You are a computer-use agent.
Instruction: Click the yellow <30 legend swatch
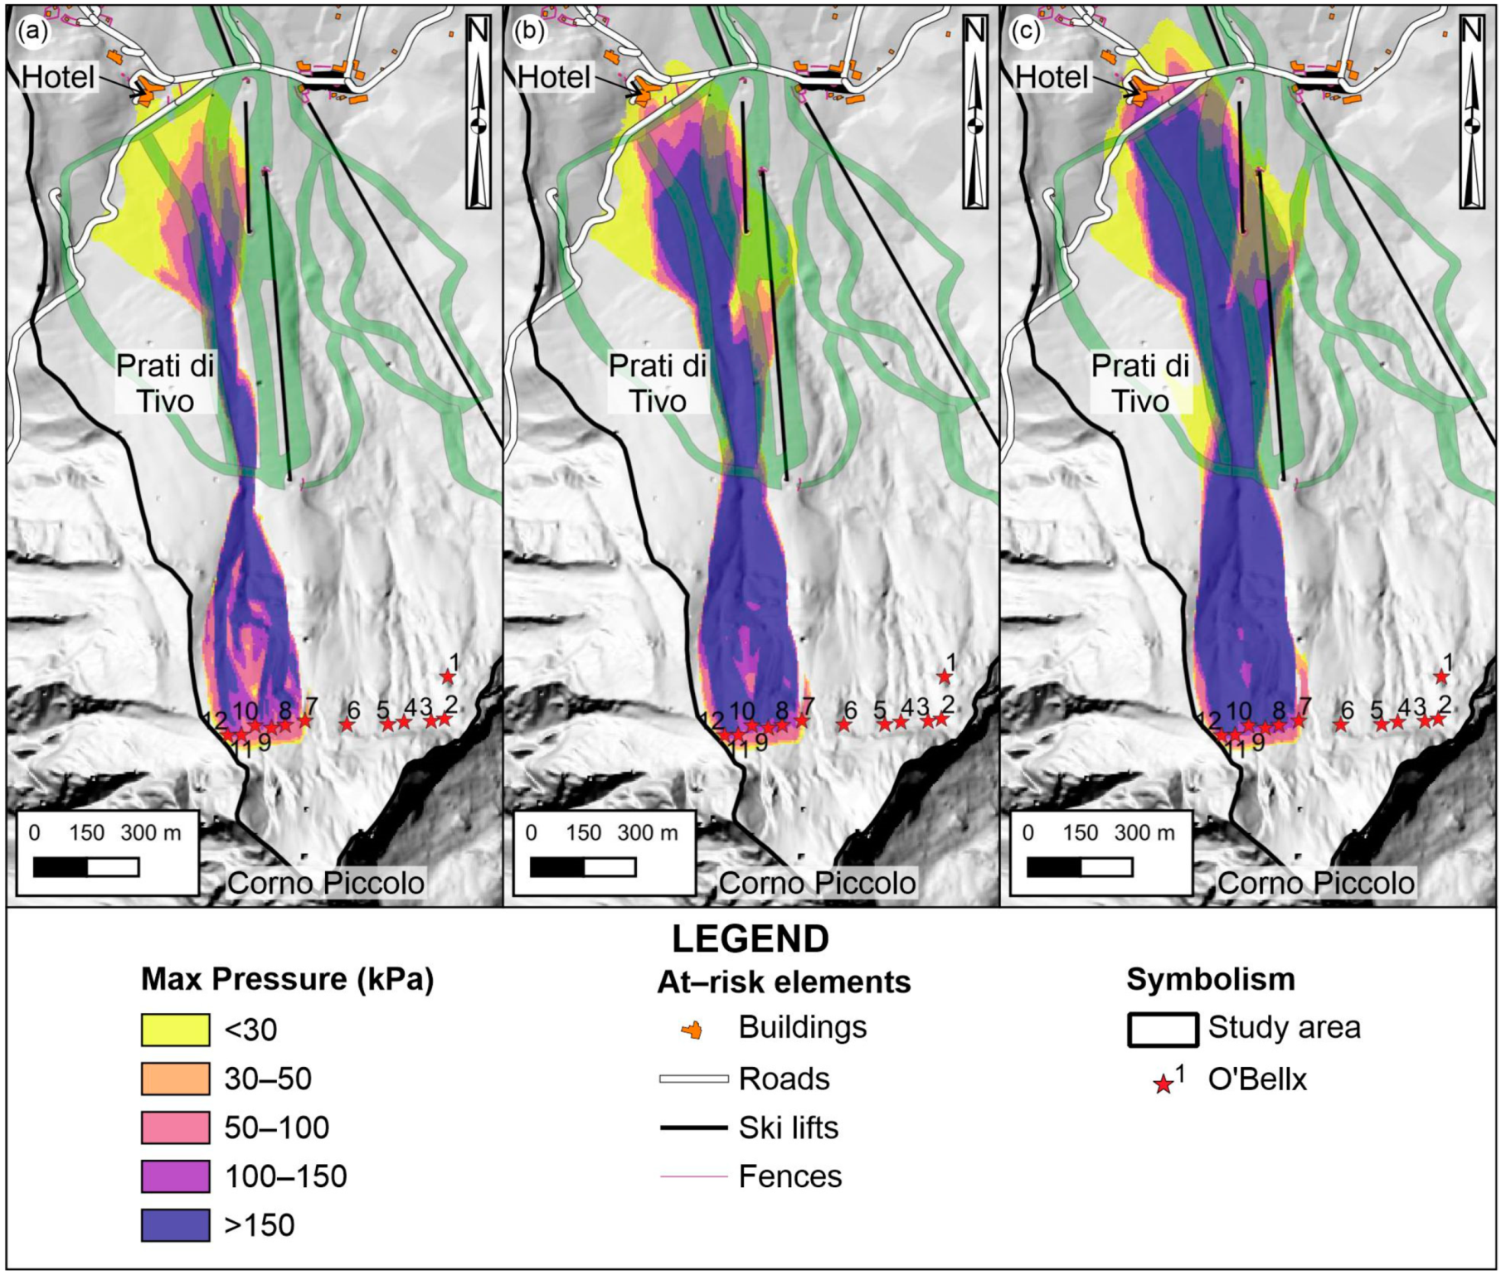175,1030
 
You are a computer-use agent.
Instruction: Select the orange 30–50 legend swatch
175,1079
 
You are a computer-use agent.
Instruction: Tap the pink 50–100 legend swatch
175,1127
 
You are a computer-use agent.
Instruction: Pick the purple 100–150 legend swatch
175,1176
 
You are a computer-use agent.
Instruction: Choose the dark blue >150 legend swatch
175,1225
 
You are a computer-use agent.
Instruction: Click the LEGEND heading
750,939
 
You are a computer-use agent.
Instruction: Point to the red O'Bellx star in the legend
1164,1084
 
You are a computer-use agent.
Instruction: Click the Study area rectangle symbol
1163,1030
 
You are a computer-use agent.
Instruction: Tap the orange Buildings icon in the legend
692,1030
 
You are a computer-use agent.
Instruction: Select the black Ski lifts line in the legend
693,1127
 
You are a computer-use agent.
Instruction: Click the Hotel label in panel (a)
58,77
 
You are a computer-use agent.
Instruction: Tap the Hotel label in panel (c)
1052,77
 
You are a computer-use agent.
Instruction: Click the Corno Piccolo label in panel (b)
817,883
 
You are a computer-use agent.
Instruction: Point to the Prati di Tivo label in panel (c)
1140,383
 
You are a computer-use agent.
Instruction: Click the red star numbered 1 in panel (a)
448,677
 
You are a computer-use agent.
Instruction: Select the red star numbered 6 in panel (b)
843,725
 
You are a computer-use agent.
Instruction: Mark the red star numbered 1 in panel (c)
1441,677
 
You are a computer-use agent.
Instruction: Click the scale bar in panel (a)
86,867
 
